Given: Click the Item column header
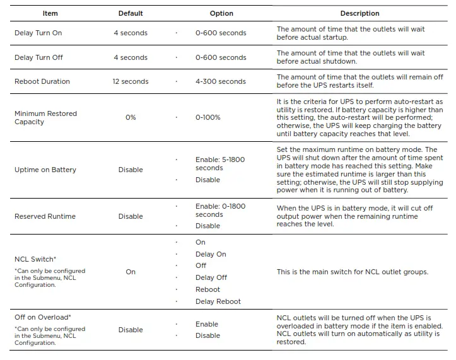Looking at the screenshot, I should point(50,13).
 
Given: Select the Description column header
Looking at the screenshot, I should point(360,13).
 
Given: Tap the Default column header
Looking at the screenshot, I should point(131,13).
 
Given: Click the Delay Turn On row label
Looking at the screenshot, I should point(38,33).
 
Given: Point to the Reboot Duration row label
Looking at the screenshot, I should point(42,81).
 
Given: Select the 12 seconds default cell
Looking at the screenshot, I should point(131,81).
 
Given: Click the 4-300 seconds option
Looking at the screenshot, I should point(221,81).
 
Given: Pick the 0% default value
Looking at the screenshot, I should point(131,118).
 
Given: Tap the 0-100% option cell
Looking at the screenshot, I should point(208,118).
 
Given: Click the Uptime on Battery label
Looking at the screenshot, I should point(45,170).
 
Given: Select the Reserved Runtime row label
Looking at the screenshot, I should point(45,216).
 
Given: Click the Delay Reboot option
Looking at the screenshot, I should point(218,301).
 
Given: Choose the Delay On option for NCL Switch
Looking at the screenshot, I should point(211,254).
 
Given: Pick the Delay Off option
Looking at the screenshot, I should point(211,277).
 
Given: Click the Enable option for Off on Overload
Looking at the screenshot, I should point(207,324).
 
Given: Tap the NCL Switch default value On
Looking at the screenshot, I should point(131,272).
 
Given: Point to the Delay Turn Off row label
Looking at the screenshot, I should point(38,57).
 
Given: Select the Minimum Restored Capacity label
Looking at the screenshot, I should point(45,118).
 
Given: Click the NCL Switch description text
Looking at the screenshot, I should point(353,272).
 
